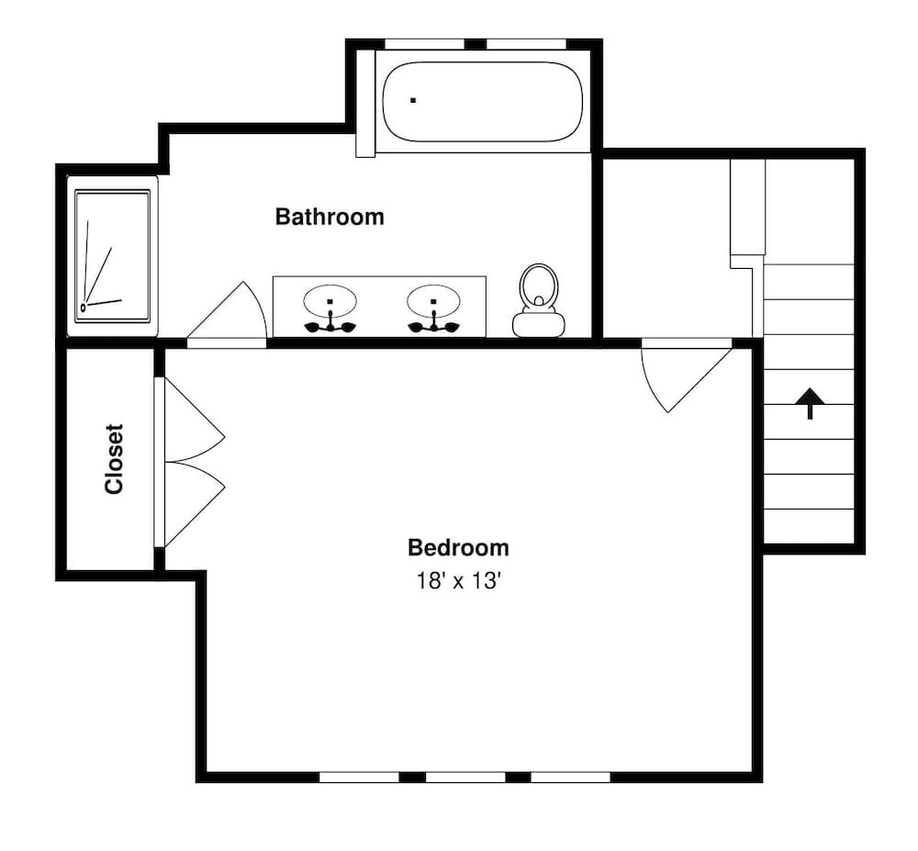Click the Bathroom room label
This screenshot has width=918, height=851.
[x=330, y=218]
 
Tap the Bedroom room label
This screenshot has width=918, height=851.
[x=458, y=548]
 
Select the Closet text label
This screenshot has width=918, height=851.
[x=114, y=458]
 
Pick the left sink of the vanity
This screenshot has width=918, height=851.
[x=330, y=302]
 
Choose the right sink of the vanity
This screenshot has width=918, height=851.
[x=432, y=302]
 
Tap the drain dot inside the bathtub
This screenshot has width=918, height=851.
[x=413, y=99]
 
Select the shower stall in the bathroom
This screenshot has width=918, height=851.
[x=112, y=255]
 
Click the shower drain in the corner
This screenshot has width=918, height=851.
[x=84, y=308]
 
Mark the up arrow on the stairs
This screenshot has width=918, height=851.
[x=810, y=402]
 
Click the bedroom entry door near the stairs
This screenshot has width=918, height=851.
[x=685, y=372]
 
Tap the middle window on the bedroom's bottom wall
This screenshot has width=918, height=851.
[x=465, y=777]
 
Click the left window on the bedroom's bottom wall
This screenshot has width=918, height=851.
[x=359, y=777]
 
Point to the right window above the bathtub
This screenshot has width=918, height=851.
[x=526, y=43]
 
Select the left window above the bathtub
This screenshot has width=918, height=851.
[x=424, y=43]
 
